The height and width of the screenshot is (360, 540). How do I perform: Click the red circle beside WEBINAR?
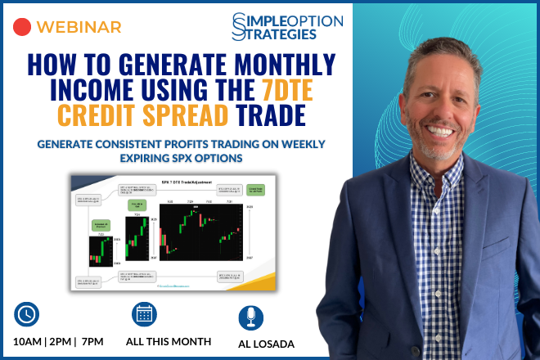[23, 26]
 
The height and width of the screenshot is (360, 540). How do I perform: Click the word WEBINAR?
[80, 27]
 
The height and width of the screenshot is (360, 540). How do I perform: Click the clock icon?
[27, 315]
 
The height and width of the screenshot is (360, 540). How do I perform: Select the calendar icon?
[144, 315]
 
